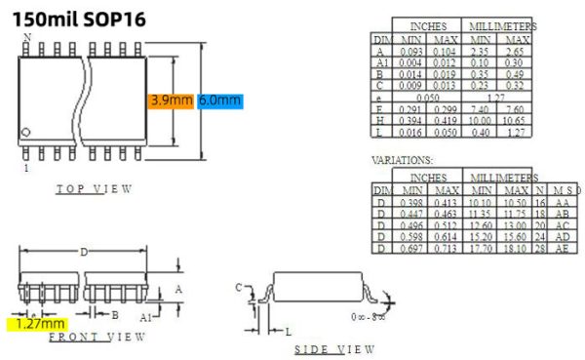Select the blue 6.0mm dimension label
219,100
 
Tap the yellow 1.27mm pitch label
38,323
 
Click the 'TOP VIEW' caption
94,188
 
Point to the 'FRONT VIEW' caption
97,337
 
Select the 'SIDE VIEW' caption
333,348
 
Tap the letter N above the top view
27,37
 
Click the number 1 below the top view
26,168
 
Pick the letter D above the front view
84,253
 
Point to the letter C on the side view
239,286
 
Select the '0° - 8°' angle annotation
369,317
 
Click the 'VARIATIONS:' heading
402,159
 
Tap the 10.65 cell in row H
516,120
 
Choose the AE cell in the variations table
563,248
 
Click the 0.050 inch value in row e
428,98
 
